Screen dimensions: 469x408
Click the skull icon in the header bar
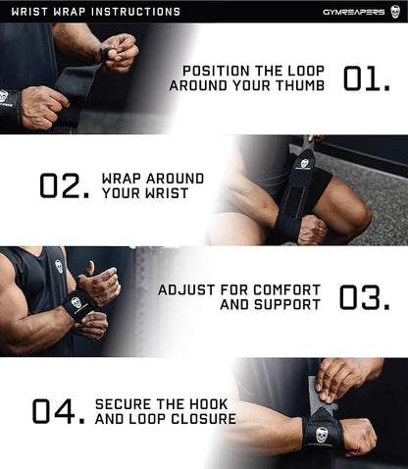[395, 12]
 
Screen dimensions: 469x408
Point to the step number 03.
[365, 297]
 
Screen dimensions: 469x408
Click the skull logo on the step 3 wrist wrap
[76, 303]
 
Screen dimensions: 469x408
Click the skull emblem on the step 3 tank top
[58, 266]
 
